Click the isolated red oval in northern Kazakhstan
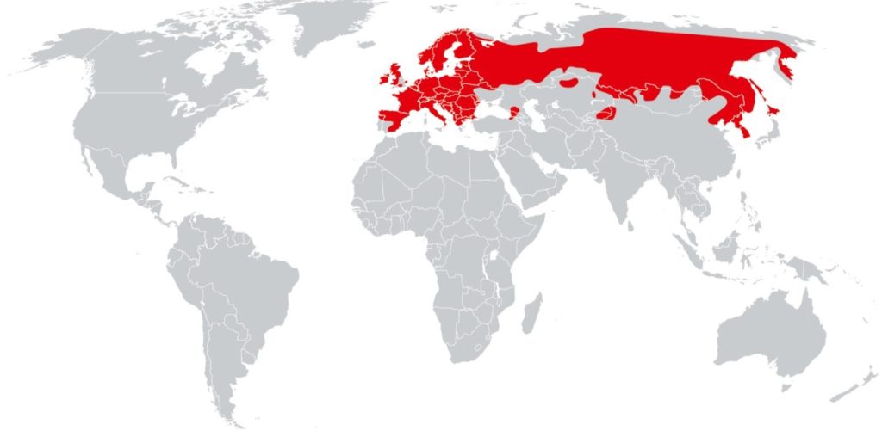click(x=570, y=83)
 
